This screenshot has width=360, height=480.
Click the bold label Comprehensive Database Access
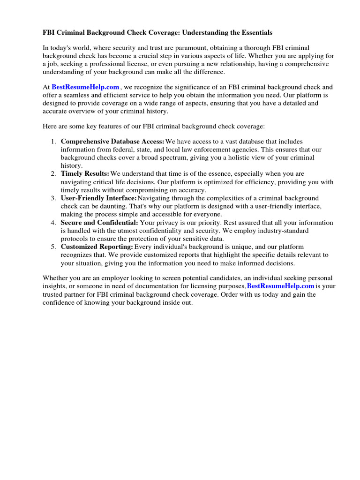point(112,141)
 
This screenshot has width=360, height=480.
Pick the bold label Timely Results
point(85,173)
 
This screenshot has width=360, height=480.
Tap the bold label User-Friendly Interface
point(98,198)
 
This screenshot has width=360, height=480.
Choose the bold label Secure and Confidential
point(99,223)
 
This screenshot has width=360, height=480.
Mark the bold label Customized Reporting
point(97,247)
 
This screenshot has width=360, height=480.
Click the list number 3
point(53,198)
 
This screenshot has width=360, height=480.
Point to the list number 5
point(53,247)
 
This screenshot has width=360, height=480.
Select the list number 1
point(53,141)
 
